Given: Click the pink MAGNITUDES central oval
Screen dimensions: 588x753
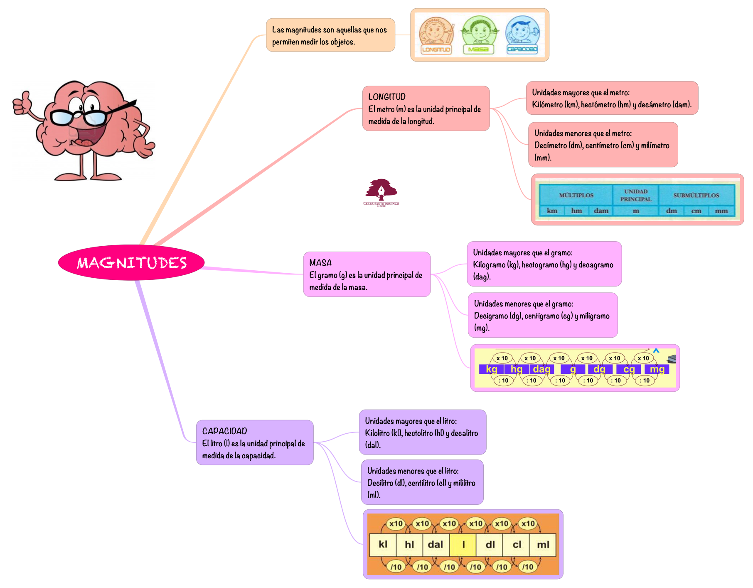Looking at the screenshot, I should [131, 262].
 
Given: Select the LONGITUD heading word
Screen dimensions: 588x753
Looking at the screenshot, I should [387, 97].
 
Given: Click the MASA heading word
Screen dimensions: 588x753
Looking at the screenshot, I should [320, 263].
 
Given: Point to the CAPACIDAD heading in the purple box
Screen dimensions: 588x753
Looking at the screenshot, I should [224, 431].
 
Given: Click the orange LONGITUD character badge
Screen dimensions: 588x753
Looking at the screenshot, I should [436, 36].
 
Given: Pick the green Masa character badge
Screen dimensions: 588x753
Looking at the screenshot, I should [479, 36].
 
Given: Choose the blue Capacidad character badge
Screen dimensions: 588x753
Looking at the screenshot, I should [522, 36].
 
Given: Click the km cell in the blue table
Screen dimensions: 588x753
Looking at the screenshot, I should [552, 211].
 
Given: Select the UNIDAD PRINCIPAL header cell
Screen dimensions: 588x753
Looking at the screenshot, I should [636, 195].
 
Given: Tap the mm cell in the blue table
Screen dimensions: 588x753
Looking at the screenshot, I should [721, 211].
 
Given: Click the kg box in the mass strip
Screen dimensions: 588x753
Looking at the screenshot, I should [492, 369].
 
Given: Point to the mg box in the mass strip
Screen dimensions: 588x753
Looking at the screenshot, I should [657, 369].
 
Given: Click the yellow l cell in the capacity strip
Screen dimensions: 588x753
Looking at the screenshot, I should [463, 545].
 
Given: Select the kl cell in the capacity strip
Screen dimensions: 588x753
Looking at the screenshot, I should [383, 545].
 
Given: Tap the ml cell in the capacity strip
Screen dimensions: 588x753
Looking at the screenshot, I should [543, 545].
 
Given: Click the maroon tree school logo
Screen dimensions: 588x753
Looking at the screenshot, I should [381, 191].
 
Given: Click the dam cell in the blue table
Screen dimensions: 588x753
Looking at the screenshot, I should [601, 211].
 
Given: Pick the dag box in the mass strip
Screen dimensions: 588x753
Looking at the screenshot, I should [541, 369].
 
